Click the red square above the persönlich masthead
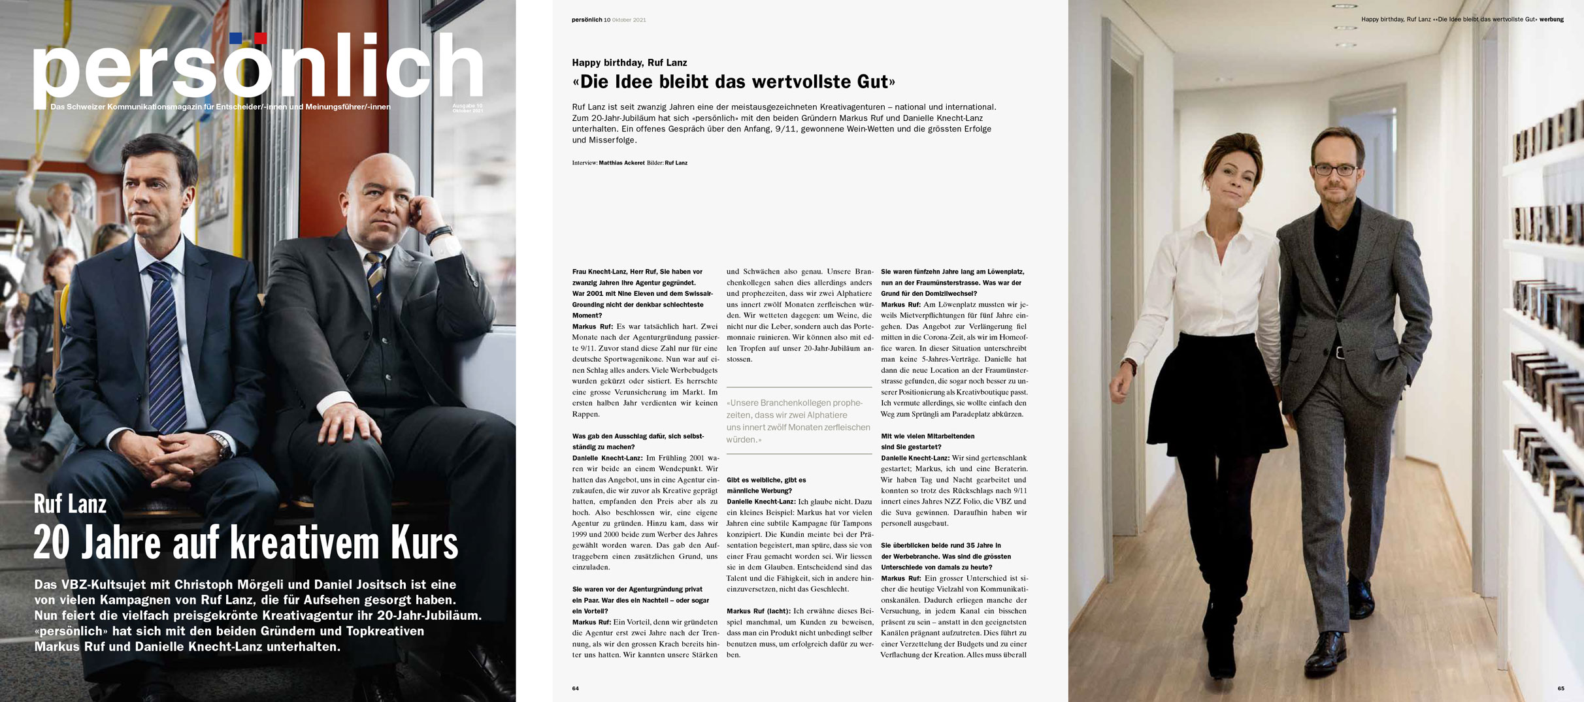pos(260,38)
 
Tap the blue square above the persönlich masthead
pos(236,38)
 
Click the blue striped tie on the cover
pos(163,340)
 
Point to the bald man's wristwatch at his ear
pos(439,233)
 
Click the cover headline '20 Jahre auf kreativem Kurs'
pos(246,543)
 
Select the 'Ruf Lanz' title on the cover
pos(70,504)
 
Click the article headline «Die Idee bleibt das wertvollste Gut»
pos(733,82)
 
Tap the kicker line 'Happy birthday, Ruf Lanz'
pos(629,63)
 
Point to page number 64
pos(575,688)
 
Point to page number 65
pos(1560,688)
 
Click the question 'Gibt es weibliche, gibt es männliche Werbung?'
pos(766,485)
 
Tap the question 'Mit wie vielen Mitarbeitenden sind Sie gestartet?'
pos(927,441)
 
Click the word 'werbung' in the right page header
pos(1551,20)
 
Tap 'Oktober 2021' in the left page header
pos(629,20)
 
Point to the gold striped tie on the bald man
pos(375,274)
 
